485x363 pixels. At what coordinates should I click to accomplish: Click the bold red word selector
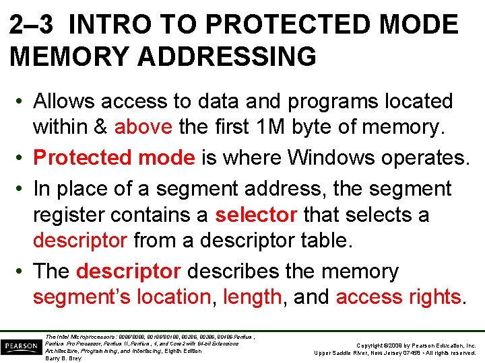point(256,214)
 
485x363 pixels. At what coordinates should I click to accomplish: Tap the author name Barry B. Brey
point(63,358)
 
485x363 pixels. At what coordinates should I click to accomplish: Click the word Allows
point(64,102)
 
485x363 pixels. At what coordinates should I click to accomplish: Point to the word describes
point(228,272)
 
